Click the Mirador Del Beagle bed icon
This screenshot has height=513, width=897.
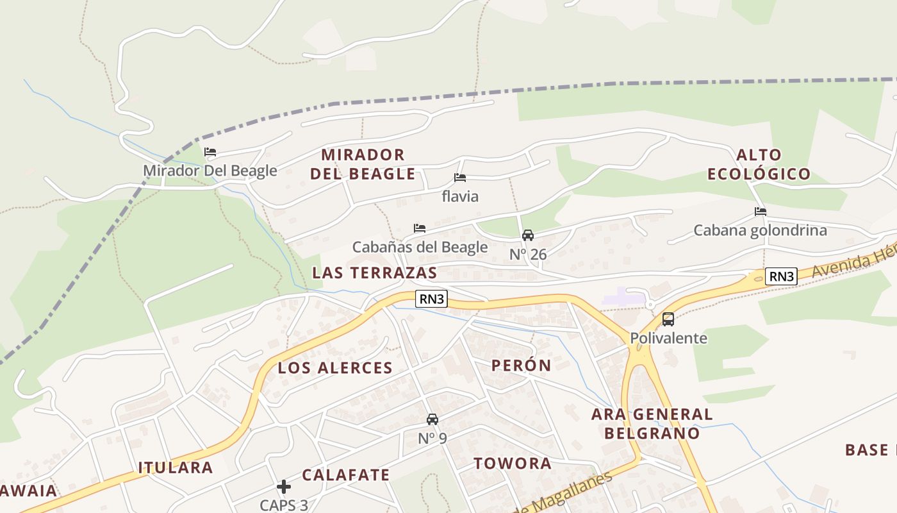coord(210,152)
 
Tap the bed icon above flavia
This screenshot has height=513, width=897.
coord(459,178)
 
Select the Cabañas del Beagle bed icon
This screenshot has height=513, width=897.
coord(420,228)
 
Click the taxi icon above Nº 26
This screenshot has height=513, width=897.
coord(528,235)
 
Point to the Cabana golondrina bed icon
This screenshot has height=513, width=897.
coord(761,211)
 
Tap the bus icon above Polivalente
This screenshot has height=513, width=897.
coord(668,319)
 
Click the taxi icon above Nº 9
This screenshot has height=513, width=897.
coord(432,419)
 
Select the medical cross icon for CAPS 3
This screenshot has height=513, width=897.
coord(284,487)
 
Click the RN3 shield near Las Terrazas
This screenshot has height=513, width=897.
coord(431,298)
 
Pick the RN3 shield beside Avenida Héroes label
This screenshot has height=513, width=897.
coord(782,276)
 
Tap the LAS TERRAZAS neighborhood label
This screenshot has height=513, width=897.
coord(374,273)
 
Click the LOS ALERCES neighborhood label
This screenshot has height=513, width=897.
coord(335,368)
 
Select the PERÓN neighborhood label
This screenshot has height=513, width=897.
coord(521,366)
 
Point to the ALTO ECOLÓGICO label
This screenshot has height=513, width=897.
coord(759,164)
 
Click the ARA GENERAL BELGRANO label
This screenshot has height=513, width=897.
coord(652,423)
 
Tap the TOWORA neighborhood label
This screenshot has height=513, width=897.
coord(512,463)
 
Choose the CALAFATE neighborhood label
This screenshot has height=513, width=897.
coord(345,475)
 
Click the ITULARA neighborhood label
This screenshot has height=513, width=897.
coord(176,467)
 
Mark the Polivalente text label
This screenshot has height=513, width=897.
coord(668,338)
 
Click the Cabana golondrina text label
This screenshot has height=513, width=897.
coord(760,230)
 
